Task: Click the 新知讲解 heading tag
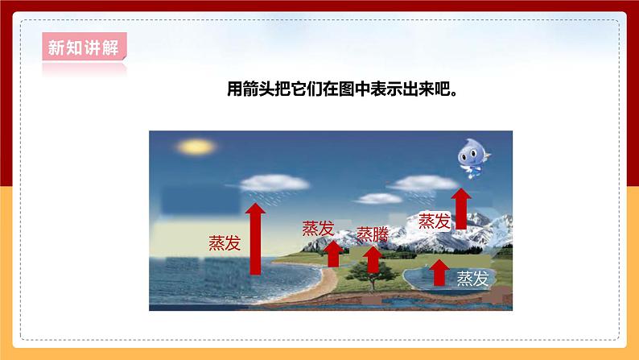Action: (82, 48)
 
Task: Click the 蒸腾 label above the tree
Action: (372, 234)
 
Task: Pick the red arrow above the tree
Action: (373, 259)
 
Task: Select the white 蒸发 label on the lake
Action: (472, 279)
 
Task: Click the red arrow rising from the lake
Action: (439, 272)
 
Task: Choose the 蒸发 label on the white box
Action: (435, 220)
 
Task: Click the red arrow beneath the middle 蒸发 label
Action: (333, 253)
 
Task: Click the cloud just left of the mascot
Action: (412, 185)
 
